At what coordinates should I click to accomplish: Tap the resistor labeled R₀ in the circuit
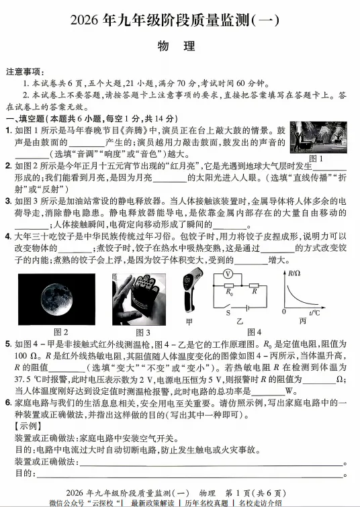click(228, 292)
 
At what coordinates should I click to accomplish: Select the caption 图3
click(144, 332)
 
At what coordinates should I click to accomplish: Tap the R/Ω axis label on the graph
click(294, 273)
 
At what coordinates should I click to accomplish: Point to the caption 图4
click(255, 332)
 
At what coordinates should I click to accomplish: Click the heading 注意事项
click(25, 71)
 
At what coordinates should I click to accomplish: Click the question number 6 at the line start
click(8, 400)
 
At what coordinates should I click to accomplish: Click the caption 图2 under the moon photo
click(61, 332)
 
